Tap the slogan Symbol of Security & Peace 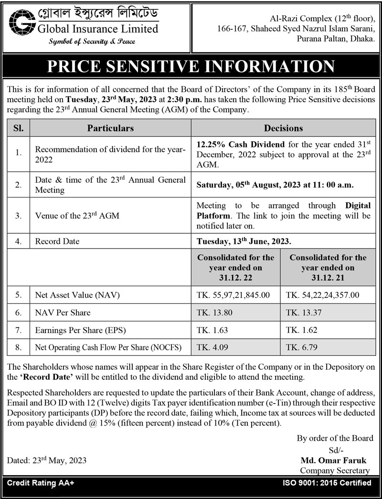[92, 42]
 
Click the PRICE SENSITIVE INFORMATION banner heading [191, 66]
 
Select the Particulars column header [110, 128]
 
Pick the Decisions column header [283, 128]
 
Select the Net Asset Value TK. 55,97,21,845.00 [233, 295]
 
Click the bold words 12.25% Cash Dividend [241, 144]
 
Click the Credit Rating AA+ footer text [41, 483]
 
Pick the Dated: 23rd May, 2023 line [47, 461]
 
